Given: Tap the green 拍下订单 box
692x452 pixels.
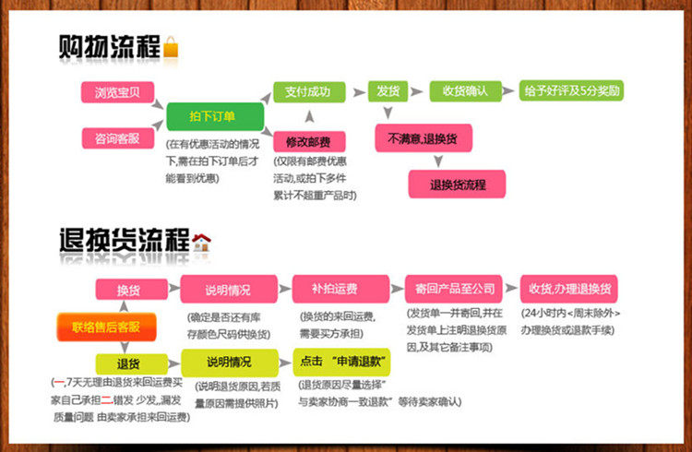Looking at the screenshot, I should tap(214, 116).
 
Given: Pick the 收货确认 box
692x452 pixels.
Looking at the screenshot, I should tap(464, 91).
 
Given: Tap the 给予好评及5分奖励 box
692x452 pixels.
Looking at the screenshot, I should tap(572, 90).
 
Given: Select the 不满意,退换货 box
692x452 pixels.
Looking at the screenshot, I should tap(424, 138).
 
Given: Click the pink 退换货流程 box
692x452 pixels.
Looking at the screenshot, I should tap(458, 184).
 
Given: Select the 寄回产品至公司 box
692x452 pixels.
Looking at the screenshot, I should tap(455, 289).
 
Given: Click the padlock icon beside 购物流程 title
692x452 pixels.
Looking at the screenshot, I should tap(171, 47).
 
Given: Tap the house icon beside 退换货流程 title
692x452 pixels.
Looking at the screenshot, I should tap(201, 243).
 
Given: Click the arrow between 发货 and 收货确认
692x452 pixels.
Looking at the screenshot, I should tap(417, 91).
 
